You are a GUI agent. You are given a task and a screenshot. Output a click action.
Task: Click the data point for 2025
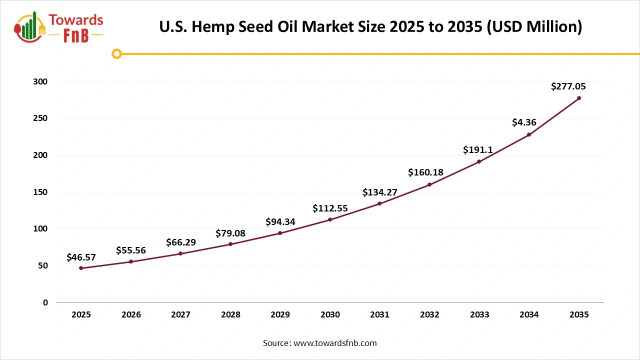81,268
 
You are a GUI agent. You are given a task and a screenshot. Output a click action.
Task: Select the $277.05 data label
568,86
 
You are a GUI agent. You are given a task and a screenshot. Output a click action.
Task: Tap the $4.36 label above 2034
523,122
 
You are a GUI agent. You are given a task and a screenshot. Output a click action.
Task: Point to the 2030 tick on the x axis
330,314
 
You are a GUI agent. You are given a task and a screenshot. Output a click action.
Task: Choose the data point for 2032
429,184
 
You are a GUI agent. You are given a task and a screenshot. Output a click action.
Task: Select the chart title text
370,27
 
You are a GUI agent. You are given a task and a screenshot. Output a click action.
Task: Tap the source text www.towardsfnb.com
319,343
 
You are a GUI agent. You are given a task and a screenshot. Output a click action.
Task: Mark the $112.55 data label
330,208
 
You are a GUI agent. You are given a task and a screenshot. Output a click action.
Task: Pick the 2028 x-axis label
230,314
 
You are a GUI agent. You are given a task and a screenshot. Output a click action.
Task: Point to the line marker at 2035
579,98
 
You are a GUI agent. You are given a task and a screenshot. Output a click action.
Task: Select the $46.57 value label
81,257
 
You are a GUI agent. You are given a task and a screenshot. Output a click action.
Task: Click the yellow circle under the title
116,53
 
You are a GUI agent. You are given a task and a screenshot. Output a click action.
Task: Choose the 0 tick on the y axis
45,302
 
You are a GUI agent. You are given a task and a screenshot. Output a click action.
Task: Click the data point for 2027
180,253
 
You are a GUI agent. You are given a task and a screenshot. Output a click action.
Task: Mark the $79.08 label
230,233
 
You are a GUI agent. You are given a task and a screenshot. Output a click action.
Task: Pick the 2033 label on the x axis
479,314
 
